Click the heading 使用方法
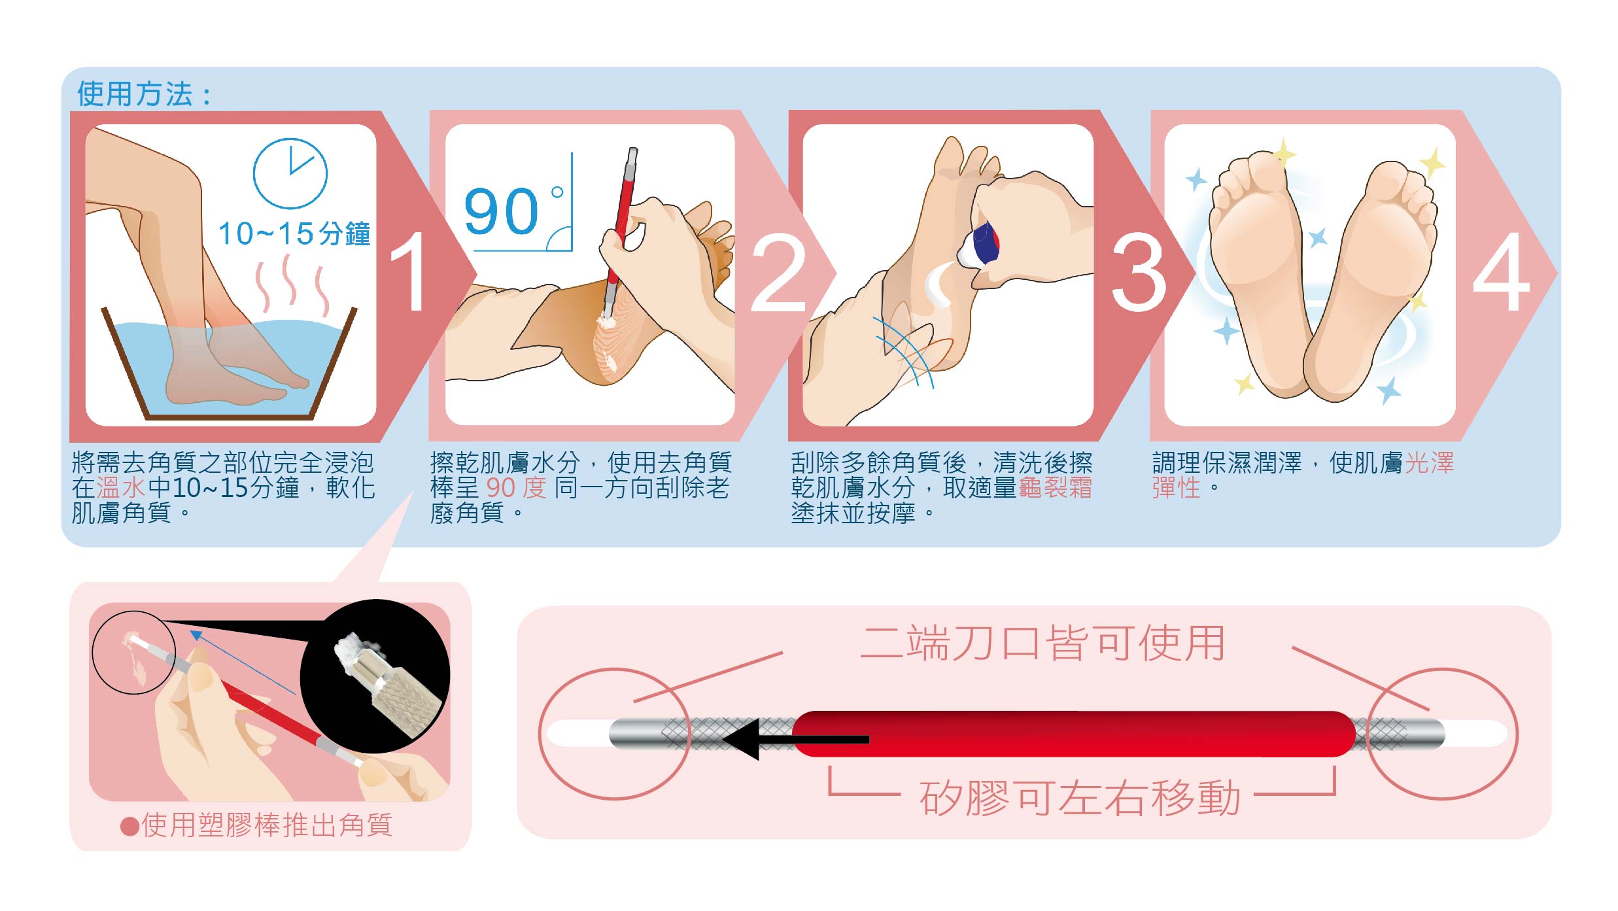click(x=135, y=94)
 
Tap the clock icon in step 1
click(x=290, y=173)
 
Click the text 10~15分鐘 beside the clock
click(x=294, y=233)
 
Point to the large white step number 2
click(x=778, y=272)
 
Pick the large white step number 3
click(x=1139, y=271)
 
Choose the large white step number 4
click(x=1502, y=271)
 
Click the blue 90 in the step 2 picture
click(x=501, y=211)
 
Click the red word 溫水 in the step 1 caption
click(x=120, y=488)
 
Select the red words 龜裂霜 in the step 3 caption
click(x=1055, y=488)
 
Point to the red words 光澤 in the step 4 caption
click(x=1429, y=463)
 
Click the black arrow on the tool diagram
click(x=795, y=739)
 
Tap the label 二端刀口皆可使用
click(x=1042, y=643)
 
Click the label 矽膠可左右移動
click(x=1080, y=797)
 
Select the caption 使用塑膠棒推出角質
click(x=267, y=825)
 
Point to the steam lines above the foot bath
click(x=292, y=285)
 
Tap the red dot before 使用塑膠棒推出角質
click(x=129, y=827)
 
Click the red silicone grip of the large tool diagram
click(x=1073, y=734)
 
